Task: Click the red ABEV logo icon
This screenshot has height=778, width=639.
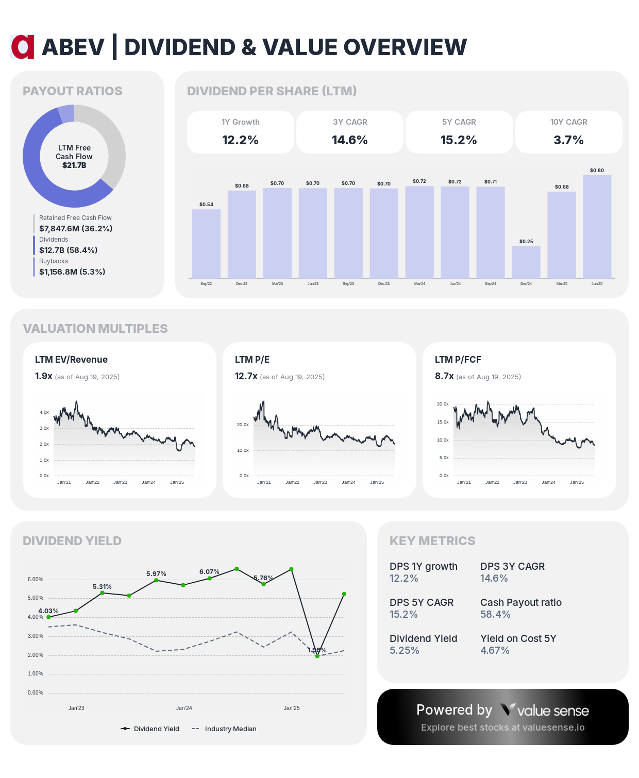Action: [x=23, y=47]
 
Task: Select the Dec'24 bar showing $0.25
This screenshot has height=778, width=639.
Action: [x=526, y=262]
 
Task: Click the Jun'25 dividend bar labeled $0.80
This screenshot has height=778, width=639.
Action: [x=597, y=227]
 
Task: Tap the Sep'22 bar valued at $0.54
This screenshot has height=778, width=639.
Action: [x=206, y=244]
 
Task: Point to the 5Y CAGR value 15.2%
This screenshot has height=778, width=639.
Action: [x=459, y=140]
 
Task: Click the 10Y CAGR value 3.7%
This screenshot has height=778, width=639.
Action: [x=568, y=140]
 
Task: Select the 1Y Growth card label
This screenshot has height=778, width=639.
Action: [x=240, y=122]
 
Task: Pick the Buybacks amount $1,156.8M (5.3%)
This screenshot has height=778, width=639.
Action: [x=72, y=272]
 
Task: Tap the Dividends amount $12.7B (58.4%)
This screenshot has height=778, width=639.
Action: [x=68, y=250]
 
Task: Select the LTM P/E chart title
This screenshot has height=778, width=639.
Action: [x=252, y=360]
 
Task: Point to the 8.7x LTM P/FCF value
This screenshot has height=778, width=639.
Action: [x=444, y=376]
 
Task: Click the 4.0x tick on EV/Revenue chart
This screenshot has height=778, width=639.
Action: [x=44, y=412]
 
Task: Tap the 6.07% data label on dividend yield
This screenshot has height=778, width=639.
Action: [x=209, y=571]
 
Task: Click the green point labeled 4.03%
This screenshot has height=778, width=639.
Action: [x=49, y=617]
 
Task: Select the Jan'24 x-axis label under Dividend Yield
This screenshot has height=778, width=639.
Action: [x=184, y=708]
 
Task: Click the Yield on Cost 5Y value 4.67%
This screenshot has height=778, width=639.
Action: [x=495, y=650]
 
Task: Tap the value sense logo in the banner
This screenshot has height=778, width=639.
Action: [x=545, y=711]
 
